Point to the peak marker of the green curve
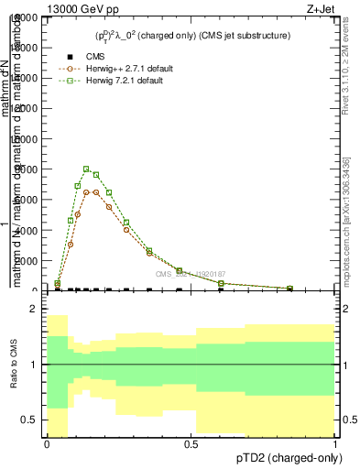86,169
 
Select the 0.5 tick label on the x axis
191,444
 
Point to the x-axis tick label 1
335,444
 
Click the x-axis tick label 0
47,444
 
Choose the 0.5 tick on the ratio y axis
29,420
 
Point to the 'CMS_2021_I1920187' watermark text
190,274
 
